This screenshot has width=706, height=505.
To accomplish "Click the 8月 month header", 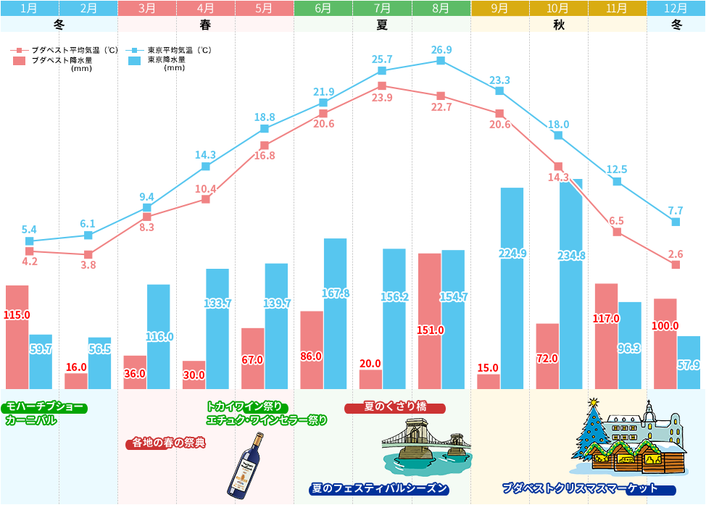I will click(x=441, y=9).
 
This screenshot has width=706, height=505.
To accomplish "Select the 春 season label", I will click(x=205, y=24).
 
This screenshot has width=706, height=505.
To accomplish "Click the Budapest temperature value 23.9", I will click(x=382, y=98).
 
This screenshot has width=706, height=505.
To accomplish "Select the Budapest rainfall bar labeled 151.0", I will click(x=429, y=320).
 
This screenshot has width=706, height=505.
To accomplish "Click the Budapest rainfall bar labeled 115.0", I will click(x=17, y=336).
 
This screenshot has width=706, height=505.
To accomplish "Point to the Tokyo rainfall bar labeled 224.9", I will click(x=512, y=288).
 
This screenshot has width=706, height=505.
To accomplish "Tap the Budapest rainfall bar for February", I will click(x=76, y=380).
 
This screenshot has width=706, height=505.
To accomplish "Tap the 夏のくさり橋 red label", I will click(x=395, y=408).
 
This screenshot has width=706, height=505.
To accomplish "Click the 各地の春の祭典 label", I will click(x=166, y=443).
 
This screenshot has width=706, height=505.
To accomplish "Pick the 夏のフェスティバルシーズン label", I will click(x=379, y=488).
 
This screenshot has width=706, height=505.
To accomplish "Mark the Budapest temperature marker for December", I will click(x=676, y=265).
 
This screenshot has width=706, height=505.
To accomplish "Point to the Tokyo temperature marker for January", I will click(x=30, y=241).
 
